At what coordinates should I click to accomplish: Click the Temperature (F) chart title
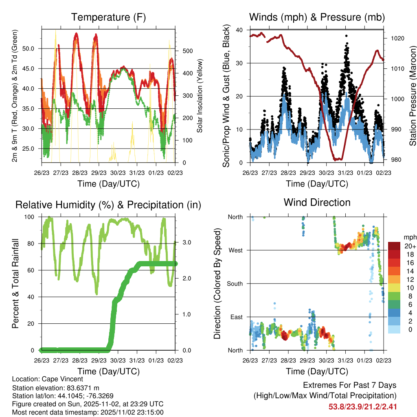click(108, 18)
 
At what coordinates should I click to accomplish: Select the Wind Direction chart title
click(317, 202)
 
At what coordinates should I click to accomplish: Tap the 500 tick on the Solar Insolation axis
click(187, 51)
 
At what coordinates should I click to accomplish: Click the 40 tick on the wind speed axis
click(239, 30)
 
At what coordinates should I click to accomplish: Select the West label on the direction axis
click(235, 250)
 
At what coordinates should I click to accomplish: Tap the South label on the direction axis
click(234, 283)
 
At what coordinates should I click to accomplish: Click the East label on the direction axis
click(236, 317)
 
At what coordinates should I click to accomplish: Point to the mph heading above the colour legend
click(409, 237)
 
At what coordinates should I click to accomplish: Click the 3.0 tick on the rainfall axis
click(186, 243)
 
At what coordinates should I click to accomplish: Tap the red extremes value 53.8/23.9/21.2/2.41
click(362, 406)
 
